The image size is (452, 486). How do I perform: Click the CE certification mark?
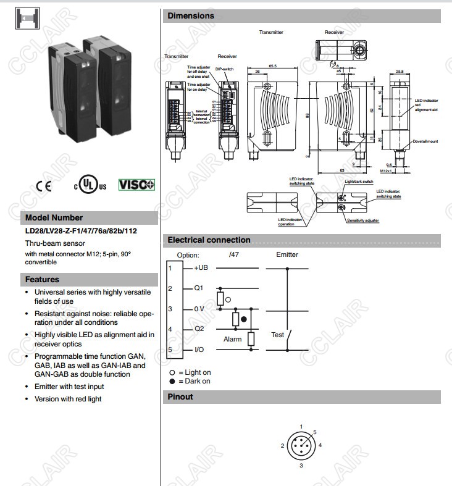coord(44,185)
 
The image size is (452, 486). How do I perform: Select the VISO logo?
coord(136,185)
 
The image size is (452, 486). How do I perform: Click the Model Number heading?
coord(54,217)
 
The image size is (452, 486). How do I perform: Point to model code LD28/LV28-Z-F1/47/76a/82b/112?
coord(81,232)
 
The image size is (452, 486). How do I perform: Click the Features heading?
coord(42,279)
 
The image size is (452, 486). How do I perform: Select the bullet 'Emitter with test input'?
coord(69,387)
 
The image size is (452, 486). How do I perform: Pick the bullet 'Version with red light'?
coord(68,399)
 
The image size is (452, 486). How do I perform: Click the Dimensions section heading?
coord(191,16)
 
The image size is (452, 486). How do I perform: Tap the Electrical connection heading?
coord(209,240)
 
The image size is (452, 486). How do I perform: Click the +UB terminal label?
coord(201,268)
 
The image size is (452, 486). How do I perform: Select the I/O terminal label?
coord(199,350)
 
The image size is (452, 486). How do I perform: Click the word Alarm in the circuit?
coord(232,340)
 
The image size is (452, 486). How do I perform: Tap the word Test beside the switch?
coord(277,335)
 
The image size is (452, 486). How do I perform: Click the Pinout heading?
coord(180,397)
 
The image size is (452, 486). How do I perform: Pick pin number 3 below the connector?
coord(301,466)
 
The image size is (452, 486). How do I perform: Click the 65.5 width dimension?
coord(272,66)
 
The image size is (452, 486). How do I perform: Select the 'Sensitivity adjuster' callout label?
coord(362,220)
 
